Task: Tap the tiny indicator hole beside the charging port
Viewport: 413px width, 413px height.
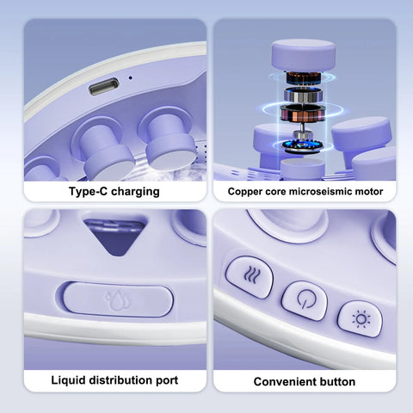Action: coord(130,79)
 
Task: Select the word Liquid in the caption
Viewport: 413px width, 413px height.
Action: coord(71,380)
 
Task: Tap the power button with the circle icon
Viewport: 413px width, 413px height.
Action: coord(304,302)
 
